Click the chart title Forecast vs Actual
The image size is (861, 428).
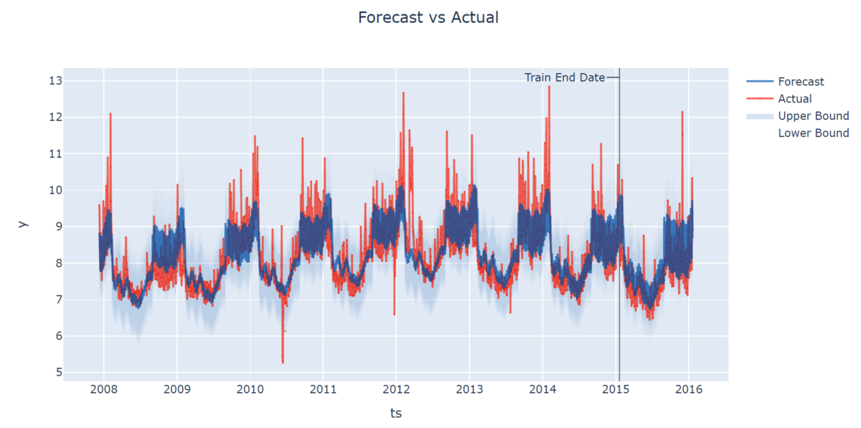point(428,17)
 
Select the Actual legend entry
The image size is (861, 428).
point(795,99)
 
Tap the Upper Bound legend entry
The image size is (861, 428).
point(813,116)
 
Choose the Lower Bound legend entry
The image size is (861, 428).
point(813,133)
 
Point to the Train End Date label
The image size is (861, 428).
point(565,77)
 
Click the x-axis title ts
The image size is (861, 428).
point(396,413)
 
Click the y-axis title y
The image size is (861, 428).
point(23,224)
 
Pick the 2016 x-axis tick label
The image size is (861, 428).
point(689,391)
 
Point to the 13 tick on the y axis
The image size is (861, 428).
point(55,80)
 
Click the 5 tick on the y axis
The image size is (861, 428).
point(58,373)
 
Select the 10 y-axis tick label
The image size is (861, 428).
point(55,190)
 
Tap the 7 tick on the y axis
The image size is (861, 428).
point(58,300)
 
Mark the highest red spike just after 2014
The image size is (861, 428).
point(549,87)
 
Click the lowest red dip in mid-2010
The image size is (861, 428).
point(283,362)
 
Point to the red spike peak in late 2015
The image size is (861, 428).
point(682,112)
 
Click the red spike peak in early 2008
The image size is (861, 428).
point(110,113)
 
